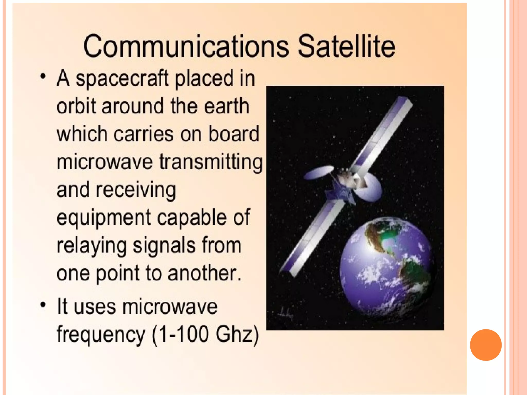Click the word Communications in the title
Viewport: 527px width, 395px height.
pyautogui.click(x=186, y=47)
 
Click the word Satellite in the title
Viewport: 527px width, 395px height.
pyautogui.click(x=346, y=47)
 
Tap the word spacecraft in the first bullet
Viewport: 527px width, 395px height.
pyautogui.click(x=122, y=79)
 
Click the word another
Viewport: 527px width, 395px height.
pyautogui.click(x=205, y=273)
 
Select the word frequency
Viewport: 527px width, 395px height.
pyautogui.click(x=101, y=335)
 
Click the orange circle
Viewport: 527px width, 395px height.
pyautogui.click(x=486, y=345)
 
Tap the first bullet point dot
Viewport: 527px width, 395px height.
pyautogui.click(x=43, y=76)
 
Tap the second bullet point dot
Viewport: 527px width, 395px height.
pyautogui.click(x=43, y=304)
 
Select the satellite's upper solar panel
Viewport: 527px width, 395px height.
pyautogui.click(x=383, y=134)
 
